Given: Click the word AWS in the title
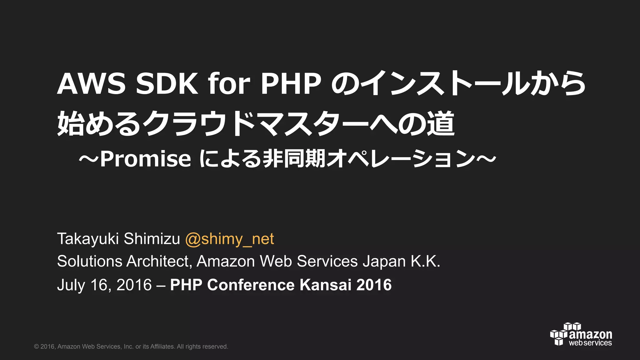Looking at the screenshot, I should (91, 84).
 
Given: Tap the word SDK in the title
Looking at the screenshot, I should (167, 84).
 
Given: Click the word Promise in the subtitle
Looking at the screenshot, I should (146, 159).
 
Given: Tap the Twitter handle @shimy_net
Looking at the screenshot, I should (230, 239).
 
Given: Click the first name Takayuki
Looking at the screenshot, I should (88, 239).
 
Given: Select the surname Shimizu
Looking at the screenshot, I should (152, 239).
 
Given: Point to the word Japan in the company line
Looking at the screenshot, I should (384, 261).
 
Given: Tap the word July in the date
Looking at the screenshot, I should (71, 285).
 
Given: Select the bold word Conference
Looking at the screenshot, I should (251, 285).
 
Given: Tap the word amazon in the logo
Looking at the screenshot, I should (590, 334).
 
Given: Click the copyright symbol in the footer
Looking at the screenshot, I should (37, 347).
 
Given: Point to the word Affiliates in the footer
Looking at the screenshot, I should (162, 347).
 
